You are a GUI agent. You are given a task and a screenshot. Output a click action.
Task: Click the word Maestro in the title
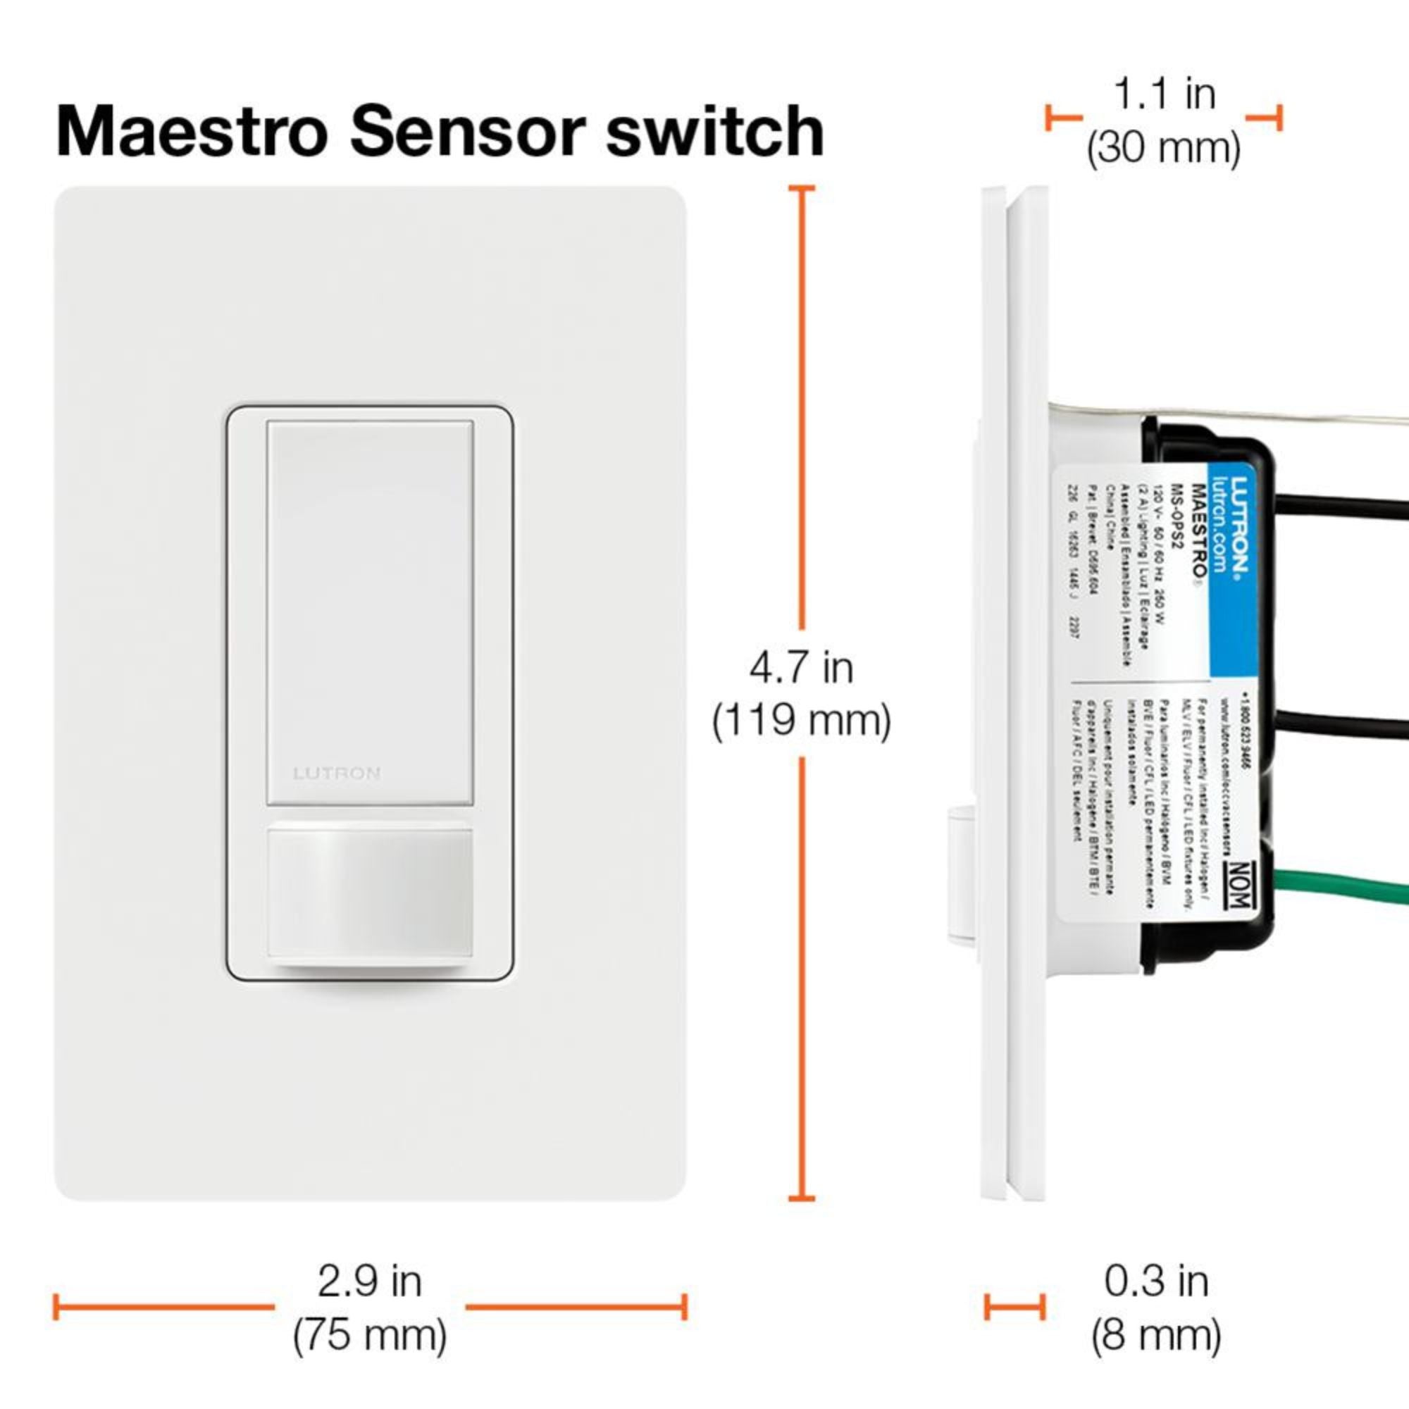[x=190, y=131]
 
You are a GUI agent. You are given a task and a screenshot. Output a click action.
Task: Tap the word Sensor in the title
[x=467, y=131]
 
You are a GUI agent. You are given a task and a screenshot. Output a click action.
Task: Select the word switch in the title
[x=714, y=131]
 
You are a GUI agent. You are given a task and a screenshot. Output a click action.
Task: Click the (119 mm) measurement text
[x=801, y=721]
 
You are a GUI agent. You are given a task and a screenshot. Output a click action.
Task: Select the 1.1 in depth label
[x=1164, y=95]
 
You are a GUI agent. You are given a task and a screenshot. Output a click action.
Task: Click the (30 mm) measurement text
[x=1164, y=148]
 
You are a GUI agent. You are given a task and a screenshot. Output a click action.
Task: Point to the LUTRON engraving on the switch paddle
[x=336, y=773]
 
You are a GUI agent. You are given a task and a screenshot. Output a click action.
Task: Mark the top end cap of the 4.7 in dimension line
[x=802, y=189]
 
